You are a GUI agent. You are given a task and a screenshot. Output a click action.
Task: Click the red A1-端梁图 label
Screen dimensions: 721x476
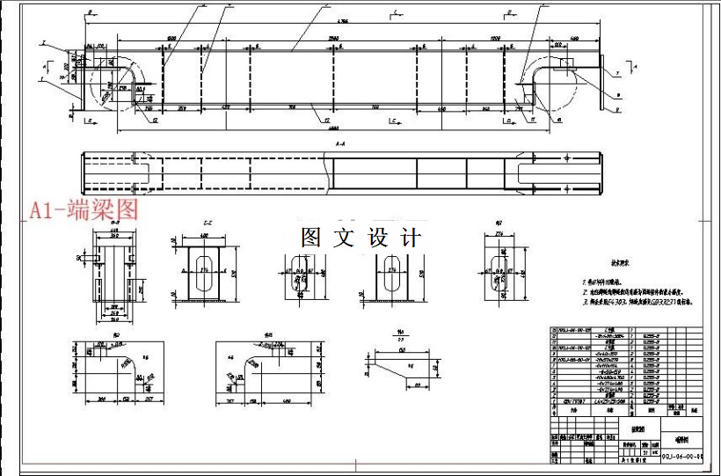(84, 210)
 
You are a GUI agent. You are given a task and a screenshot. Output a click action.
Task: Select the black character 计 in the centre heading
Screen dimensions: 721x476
(411, 238)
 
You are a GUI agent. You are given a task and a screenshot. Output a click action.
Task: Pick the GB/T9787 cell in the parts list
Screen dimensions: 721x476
(572, 399)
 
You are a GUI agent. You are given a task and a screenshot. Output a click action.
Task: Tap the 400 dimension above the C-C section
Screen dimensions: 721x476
(203, 237)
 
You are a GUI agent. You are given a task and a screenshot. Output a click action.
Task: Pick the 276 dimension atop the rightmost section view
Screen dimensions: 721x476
(498, 235)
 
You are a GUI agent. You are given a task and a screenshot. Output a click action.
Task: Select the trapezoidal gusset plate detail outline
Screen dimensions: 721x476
(404, 369)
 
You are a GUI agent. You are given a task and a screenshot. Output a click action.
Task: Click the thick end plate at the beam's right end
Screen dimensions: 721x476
(603, 83)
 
